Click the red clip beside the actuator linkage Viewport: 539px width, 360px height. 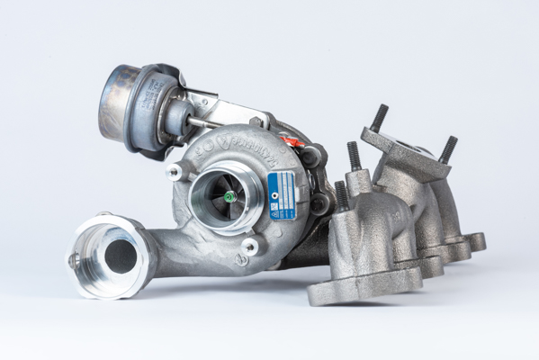tap(290, 140)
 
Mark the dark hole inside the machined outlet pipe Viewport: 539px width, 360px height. tap(120, 256)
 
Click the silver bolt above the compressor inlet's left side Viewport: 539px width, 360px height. tap(174, 171)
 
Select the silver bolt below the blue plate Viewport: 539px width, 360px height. tap(249, 245)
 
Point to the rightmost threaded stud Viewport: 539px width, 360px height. tap(447, 148)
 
